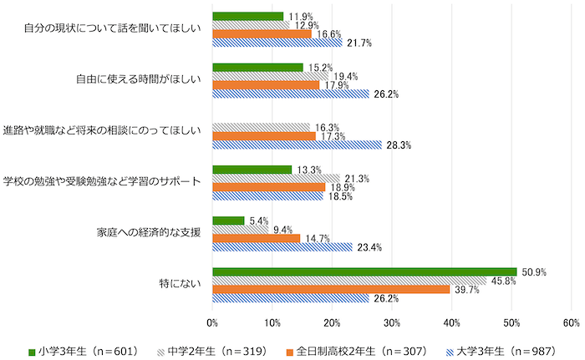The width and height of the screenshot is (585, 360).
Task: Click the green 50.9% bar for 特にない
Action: pos(364,271)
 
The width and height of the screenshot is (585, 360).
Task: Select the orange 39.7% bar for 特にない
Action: pos(331,289)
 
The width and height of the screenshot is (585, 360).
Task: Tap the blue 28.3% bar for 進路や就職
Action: pos(297,145)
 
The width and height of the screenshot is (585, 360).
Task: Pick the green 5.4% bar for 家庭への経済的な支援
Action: pos(229,221)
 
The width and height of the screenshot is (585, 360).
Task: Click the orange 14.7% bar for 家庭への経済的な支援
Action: pos(257,238)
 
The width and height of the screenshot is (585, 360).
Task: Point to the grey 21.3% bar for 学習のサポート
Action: pos(277,178)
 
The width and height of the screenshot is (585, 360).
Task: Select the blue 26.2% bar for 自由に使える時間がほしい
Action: pos(291,94)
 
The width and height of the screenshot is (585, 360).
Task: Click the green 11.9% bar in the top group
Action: pos(248,16)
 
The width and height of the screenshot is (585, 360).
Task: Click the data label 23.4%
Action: pos(369,247)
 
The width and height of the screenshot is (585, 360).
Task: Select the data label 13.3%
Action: pos(310,170)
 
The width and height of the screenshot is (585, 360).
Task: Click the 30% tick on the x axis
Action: pos(392,322)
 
